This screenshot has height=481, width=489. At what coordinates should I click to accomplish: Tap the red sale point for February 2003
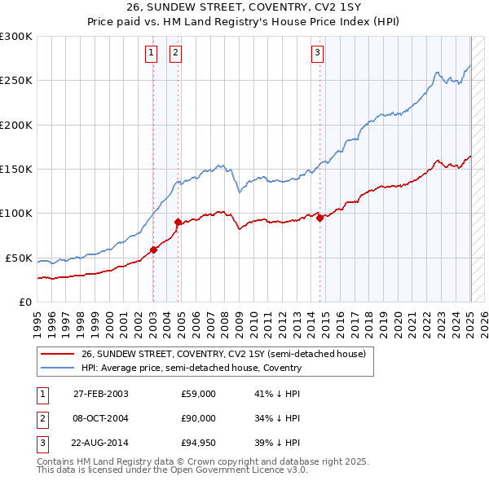(153, 249)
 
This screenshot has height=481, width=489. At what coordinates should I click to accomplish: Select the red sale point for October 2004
(178, 222)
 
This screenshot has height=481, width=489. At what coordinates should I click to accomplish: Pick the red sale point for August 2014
(319, 217)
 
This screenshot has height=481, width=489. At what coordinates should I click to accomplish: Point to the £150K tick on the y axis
(16, 169)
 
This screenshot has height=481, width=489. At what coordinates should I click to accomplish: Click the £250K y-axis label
(16, 81)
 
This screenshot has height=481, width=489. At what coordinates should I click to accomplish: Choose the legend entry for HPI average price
(192, 368)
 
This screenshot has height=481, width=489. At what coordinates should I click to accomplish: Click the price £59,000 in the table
(198, 394)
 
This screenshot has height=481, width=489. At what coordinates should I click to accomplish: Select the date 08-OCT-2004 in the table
(101, 418)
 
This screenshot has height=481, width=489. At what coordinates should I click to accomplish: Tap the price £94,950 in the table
(198, 443)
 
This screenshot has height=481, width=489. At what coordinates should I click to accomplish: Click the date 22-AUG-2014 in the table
(101, 443)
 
